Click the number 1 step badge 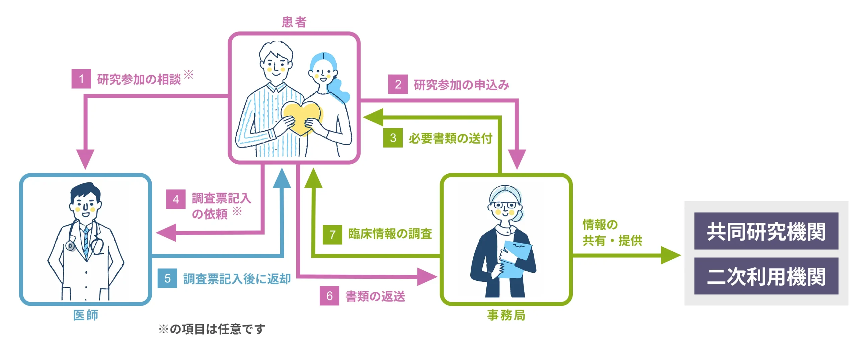[x=81, y=79]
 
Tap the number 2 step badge [x=398, y=84]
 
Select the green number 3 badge [x=393, y=138]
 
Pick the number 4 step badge [x=176, y=199]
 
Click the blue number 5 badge [x=167, y=278]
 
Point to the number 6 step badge [x=329, y=296]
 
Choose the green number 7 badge [x=332, y=235]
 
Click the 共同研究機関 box [x=766, y=231]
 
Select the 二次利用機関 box [x=766, y=276]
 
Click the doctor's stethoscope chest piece [x=70, y=246]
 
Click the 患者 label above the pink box [x=294, y=22]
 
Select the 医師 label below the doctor [x=86, y=315]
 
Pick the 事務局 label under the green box [x=506, y=315]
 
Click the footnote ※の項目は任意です [x=212, y=329]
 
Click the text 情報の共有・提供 [x=612, y=233]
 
